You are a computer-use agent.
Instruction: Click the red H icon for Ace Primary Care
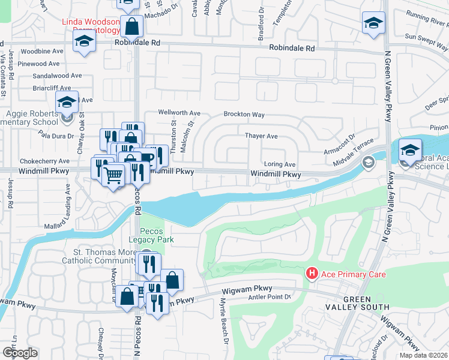click(x=312, y=274)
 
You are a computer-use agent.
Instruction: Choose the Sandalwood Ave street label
click(x=57, y=76)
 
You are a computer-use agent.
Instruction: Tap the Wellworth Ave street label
click(x=179, y=113)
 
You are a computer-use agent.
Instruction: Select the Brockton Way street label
click(x=244, y=114)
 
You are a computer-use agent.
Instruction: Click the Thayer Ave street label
click(x=261, y=136)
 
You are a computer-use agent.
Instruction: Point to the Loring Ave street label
click(x=280, y=164)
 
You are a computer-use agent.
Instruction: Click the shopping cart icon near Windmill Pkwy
click(x=112, y=175)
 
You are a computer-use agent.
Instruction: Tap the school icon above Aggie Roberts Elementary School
click(x=67, y=102)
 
